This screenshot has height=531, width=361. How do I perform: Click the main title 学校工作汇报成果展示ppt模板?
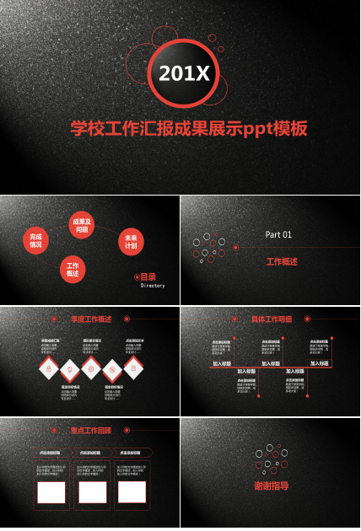(188, 129)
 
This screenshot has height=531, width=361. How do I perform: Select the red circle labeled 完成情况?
(35, 239)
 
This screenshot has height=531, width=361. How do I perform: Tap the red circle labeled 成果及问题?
(82, 225)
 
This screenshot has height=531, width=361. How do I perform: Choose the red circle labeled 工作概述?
(73, 270)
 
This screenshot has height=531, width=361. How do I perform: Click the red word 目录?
(148, 276)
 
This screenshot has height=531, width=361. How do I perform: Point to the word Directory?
(153, 286)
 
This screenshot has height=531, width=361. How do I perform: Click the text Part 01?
(278, 234)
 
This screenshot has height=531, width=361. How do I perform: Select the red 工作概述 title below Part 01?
(282, 262)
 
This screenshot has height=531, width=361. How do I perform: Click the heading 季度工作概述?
(91, 319)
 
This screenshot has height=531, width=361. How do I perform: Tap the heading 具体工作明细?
(272, 319)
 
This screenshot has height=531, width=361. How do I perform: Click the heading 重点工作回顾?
(90, 430)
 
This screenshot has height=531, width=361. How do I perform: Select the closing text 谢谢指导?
(271, 486)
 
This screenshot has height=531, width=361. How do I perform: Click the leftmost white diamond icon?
(48, 368)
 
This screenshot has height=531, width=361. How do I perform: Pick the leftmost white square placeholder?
(51, 491)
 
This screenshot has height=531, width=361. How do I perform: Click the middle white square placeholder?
(93, 491)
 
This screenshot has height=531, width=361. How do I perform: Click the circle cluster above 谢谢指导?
(269, 459)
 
